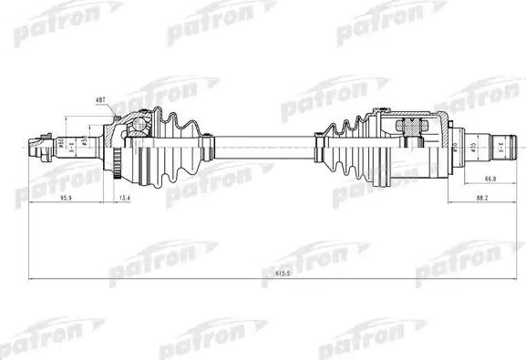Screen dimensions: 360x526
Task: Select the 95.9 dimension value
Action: coord(67,196)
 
